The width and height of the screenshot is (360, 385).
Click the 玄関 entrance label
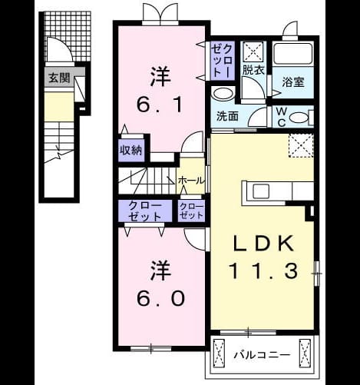point(59,78)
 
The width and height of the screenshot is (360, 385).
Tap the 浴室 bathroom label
point(293,82)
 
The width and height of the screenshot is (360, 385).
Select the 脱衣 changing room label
point(253,70)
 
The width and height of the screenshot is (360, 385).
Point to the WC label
point(282,117)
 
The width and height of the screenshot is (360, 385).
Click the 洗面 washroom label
point(227,116)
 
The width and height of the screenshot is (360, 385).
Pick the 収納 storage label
point(131,151)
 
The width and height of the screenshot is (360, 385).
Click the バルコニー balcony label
point(263,355)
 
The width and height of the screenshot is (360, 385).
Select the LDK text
point(263,243)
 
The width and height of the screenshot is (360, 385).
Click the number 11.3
point(263,271)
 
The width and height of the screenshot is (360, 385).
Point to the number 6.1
point(160,105)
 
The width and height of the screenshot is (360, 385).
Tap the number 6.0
point(160,298)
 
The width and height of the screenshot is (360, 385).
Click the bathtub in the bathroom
point(293,54)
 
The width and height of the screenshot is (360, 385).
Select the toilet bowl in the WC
point(299,118)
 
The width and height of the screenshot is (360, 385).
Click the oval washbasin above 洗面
point(223,93)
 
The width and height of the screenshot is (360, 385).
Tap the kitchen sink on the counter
point(261,191)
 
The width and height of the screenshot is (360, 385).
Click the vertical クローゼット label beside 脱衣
point(223,61)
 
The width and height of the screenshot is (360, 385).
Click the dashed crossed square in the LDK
point(301,145)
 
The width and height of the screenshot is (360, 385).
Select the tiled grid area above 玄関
point(68,37)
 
